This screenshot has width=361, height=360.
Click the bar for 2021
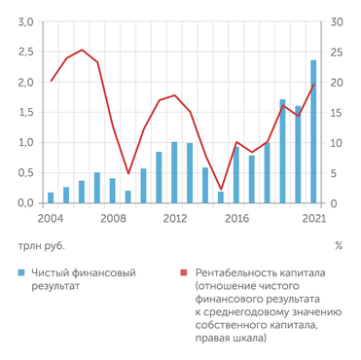tap(312, 131)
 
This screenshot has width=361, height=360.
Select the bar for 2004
tap(51, 198)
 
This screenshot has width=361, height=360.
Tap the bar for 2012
tap(174, 172)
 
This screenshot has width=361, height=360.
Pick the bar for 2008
tap(112, 191)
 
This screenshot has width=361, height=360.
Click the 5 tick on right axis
tap(334, 172)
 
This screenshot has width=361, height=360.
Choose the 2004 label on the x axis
tap(51, 220)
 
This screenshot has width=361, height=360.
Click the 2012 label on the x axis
tap(174, 220)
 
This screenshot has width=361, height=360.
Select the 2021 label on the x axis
tap(312, 220)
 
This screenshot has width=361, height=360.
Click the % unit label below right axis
tap(338, 246)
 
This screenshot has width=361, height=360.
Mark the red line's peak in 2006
tap(82, 50)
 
